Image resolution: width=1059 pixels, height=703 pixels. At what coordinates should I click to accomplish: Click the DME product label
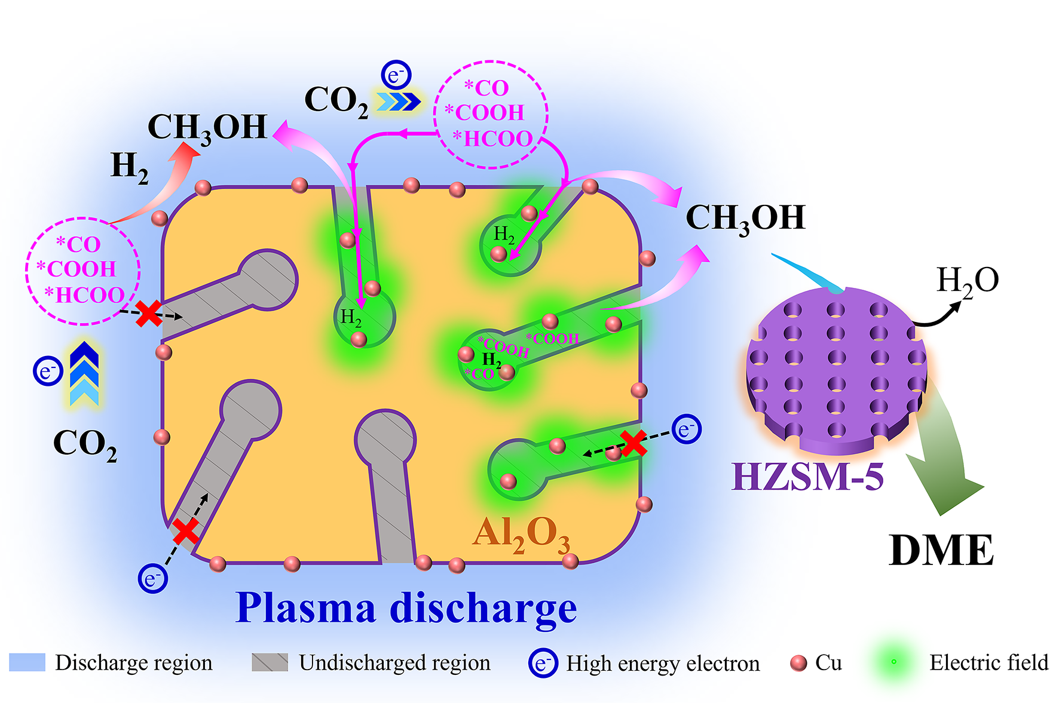click(941, 550)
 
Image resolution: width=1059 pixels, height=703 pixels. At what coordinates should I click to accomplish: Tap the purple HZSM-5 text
click(807, 477)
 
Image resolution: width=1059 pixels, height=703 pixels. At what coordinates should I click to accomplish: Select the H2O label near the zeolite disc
click(967, 281)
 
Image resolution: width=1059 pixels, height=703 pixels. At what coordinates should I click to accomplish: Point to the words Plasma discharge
click(406, 608)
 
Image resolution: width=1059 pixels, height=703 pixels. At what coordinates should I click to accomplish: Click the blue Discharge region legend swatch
click(27, 662)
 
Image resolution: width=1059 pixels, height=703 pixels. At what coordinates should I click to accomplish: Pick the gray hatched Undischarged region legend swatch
click(270, 662)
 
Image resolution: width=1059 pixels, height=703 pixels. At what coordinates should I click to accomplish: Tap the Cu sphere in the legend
click(798, 663)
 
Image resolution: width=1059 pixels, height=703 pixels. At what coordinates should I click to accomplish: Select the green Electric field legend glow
click(894, 662)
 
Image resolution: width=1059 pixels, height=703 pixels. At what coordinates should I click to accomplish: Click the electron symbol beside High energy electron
click(543, 663)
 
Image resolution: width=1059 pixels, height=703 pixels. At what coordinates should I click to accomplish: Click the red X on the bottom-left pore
click(186, 531)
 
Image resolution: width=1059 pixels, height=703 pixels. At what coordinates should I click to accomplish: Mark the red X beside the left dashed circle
click(148, 314)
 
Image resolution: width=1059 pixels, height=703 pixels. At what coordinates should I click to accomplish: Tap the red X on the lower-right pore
click(633, 443)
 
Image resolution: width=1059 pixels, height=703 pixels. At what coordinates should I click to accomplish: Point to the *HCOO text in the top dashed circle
click(492, 139)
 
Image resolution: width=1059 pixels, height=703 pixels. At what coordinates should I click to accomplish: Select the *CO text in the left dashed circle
click(78, 244)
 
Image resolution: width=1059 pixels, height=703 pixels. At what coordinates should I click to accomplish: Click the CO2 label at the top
click(336, 100)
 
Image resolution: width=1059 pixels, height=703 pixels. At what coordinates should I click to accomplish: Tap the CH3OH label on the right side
click(745, 218)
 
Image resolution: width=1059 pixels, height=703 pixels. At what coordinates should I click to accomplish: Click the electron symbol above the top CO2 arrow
click(396, 75)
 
